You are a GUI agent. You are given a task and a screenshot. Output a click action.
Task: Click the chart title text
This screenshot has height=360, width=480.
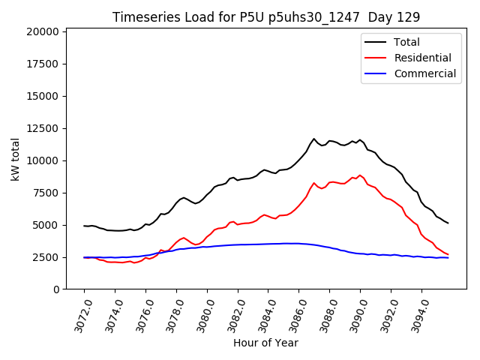266,16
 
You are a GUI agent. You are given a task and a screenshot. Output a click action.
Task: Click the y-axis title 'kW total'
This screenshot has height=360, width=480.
16,159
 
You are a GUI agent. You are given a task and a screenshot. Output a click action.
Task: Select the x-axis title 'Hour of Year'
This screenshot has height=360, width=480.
265,343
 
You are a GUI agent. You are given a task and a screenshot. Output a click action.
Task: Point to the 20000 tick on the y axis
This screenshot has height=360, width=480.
42,31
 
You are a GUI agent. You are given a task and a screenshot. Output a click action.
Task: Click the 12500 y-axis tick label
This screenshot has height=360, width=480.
42,128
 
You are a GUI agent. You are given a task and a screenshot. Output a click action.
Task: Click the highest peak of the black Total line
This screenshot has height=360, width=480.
314,139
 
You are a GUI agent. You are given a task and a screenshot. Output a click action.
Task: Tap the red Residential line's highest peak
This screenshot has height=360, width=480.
360,175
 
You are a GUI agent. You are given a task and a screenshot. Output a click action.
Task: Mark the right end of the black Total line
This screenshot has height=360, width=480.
448,223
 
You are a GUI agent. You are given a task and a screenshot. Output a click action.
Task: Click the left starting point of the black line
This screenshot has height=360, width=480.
84,226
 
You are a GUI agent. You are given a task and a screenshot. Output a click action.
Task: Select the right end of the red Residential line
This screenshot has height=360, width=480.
448,255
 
